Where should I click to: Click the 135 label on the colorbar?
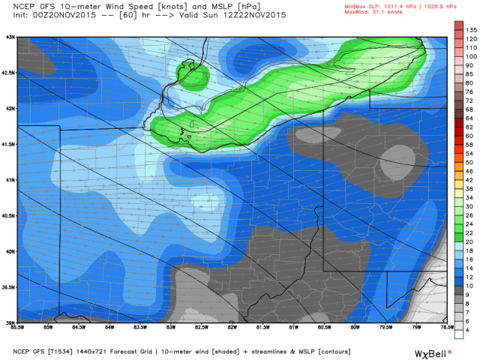point(470,29)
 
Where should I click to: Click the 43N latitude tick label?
point(10,36)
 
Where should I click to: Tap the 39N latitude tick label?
point(10,322)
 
